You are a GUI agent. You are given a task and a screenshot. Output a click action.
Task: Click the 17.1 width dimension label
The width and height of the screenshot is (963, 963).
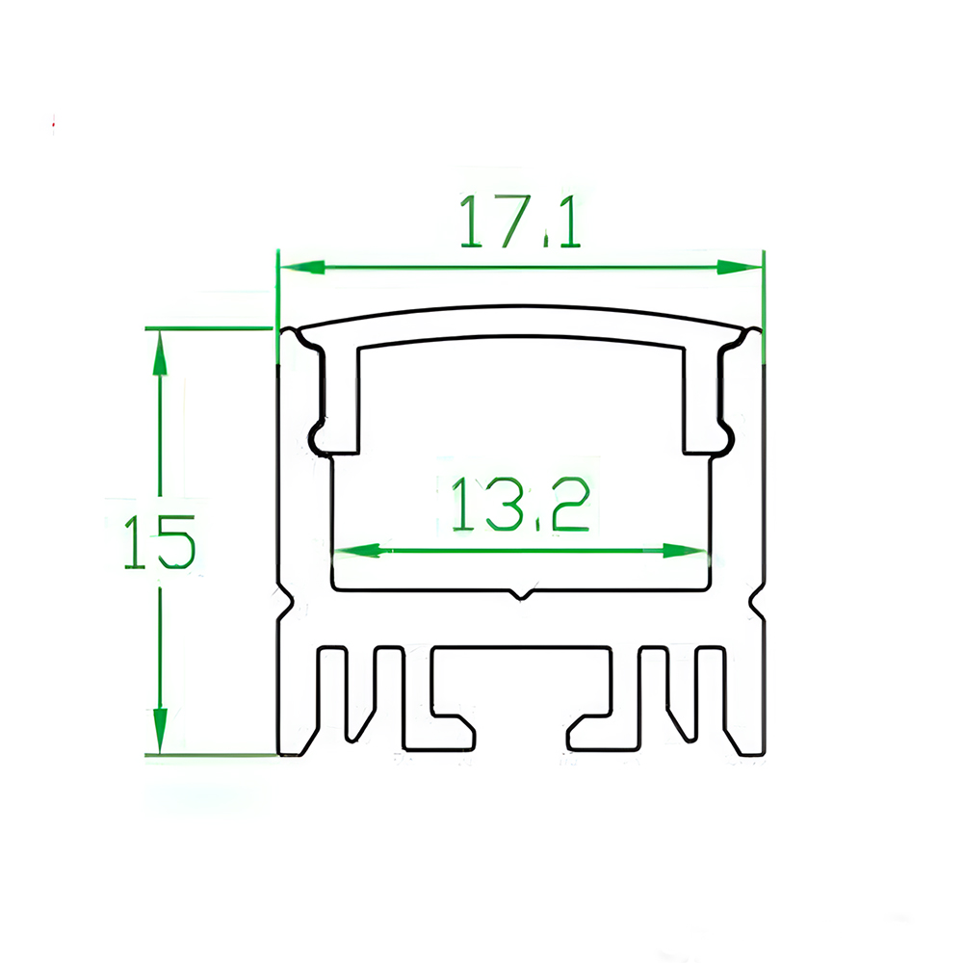coord(520,221)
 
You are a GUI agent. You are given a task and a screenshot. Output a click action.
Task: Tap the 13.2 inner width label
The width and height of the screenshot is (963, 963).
coord(520,505)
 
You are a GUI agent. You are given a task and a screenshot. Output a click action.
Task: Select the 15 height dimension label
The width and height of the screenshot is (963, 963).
coord(160,542)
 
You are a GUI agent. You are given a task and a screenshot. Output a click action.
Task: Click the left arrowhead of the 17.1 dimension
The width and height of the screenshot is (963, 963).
coord(302,267)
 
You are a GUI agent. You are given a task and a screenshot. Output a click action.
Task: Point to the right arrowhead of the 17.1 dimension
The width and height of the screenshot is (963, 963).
coord(739,267)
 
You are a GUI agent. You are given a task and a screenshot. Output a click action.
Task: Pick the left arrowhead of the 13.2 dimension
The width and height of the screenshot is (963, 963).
coord(357,550)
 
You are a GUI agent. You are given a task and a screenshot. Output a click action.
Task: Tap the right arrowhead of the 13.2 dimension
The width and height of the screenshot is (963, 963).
coord(684,550)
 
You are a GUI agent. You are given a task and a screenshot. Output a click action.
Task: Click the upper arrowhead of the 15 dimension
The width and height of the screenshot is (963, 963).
coord(160,352)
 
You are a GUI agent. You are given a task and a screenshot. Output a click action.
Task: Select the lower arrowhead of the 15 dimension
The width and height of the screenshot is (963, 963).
coord(160,730)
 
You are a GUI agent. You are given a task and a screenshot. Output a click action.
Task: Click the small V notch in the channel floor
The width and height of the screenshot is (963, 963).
coord(521,593)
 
